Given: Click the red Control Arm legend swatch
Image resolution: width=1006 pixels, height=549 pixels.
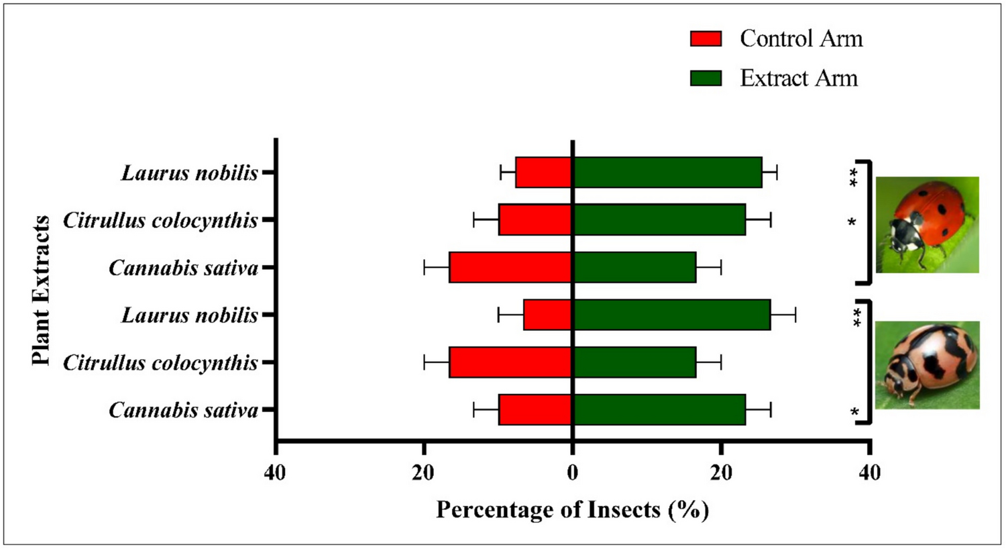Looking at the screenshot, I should tap(706, 39).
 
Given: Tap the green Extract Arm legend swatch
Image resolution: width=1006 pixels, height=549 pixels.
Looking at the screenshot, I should tap(706, 79).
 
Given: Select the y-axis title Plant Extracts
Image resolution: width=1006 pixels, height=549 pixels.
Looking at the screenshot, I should tap(42, 290).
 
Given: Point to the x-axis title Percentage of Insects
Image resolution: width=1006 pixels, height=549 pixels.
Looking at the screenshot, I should tap(572, 510).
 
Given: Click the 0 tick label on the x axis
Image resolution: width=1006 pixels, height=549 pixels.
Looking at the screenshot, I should tap(572, 473).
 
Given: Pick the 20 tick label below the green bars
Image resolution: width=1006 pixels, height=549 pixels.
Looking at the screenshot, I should tap(721, 473).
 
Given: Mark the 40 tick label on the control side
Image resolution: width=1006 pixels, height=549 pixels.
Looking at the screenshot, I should tap(275, 473).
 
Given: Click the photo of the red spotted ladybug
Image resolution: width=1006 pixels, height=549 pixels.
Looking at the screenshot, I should tap(927, 224).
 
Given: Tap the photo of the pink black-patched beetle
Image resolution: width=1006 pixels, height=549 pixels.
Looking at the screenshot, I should tap(927, 365).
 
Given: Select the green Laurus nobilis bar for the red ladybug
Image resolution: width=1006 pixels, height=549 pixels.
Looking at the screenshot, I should tap(667, 172).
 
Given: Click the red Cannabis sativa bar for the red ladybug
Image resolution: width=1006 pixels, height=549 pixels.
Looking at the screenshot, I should tap(510, 267).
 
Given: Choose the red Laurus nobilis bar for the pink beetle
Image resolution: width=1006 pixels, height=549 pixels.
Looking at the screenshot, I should tap(548, 315).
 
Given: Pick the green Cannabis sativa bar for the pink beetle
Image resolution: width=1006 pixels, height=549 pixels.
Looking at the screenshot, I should tap(659, 409).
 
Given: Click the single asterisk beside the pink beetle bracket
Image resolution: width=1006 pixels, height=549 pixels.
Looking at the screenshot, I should tap(854, 412).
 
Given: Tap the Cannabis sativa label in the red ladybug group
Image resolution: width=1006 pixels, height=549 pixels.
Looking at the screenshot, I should tap(183, 268).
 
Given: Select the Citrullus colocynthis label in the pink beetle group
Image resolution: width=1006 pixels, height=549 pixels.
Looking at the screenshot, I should tap(160, 363).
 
